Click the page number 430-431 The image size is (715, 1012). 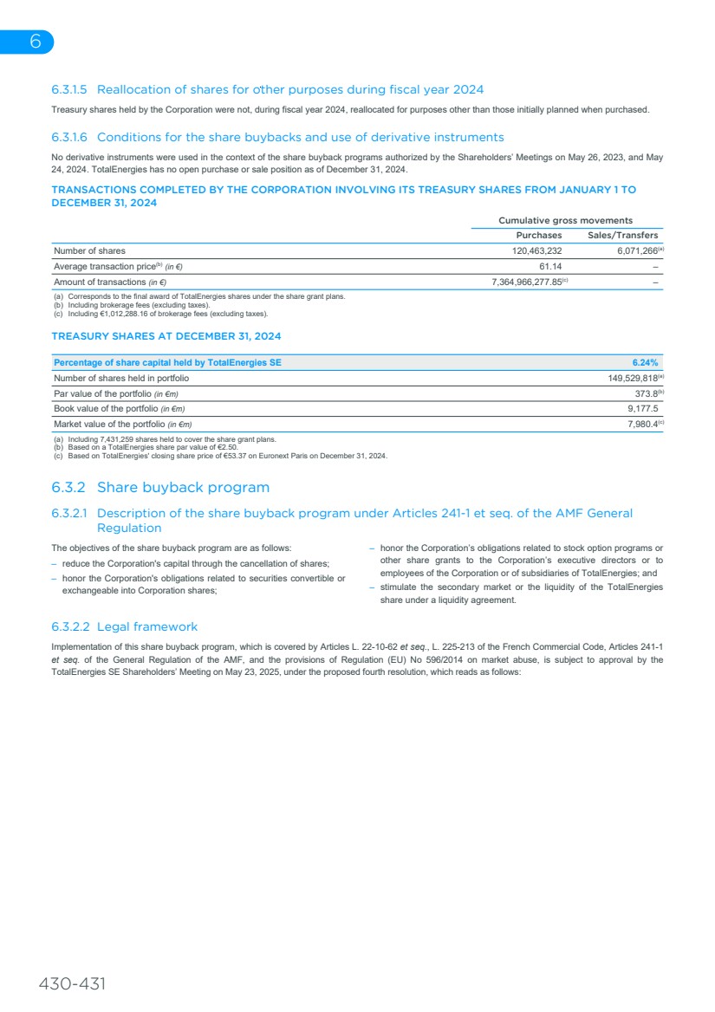point(72,984)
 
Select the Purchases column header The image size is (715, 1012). point(538,235)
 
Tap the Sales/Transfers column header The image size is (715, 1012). point(622,235)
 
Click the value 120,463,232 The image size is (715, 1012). point(537,251)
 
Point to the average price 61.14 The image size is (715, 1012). point(549,267)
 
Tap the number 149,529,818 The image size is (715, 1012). point(632,378)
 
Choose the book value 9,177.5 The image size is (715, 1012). point(642,408)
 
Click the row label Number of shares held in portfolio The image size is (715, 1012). point(121,378)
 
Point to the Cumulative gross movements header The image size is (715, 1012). point(565,220)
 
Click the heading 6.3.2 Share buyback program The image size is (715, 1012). point(160,487)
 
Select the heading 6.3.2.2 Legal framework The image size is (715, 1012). point(124,626)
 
